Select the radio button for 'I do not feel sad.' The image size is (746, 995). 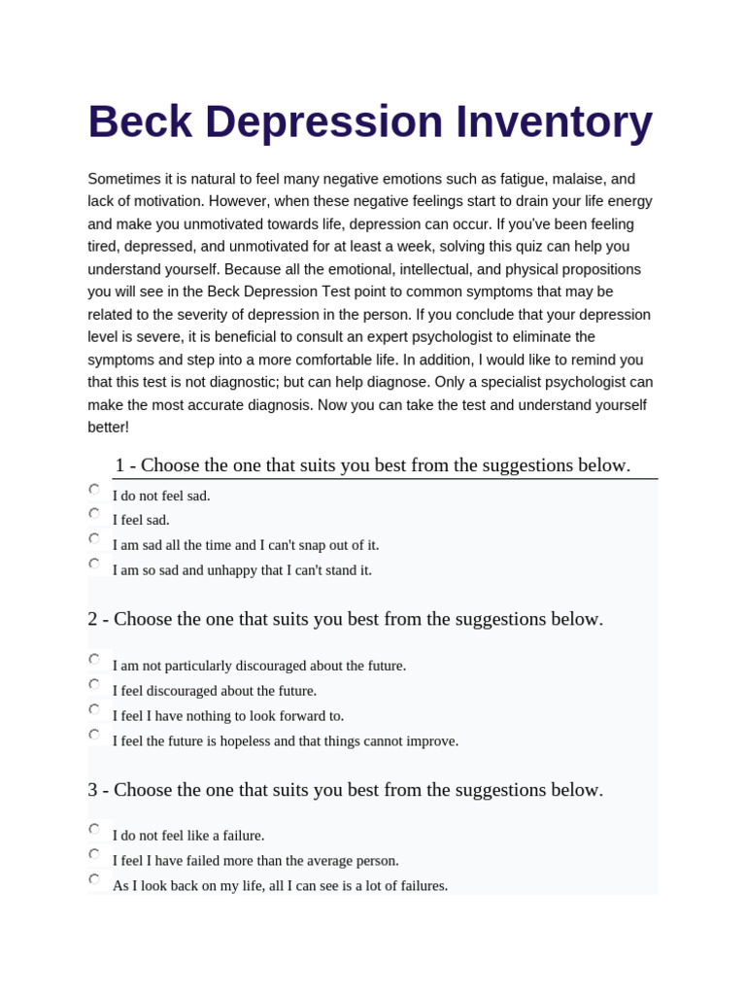[x=94, y=489]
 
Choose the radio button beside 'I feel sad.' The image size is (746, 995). [x=94, y=513]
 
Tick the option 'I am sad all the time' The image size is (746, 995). [x=94, y=538]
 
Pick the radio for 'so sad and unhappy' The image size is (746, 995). [x=94, y=564]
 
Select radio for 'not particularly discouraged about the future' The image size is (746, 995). [x=94, y=659]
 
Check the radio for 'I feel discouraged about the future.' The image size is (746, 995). [x=94, y=684]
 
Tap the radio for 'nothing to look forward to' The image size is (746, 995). [x=94, y=709]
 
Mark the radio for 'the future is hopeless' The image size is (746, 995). [x=94, y=735]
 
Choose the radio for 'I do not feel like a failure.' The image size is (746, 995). [x=94, y=829]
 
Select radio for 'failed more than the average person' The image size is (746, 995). [x=94, y=854]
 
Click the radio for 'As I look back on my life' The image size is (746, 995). [x=94, y=879]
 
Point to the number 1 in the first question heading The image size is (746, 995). [x=119, y=465]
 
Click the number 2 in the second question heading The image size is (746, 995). [x=92, y=619]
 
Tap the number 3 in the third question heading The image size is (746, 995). [x=92, y=790]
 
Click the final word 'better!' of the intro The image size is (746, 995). [x=108, y=428]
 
